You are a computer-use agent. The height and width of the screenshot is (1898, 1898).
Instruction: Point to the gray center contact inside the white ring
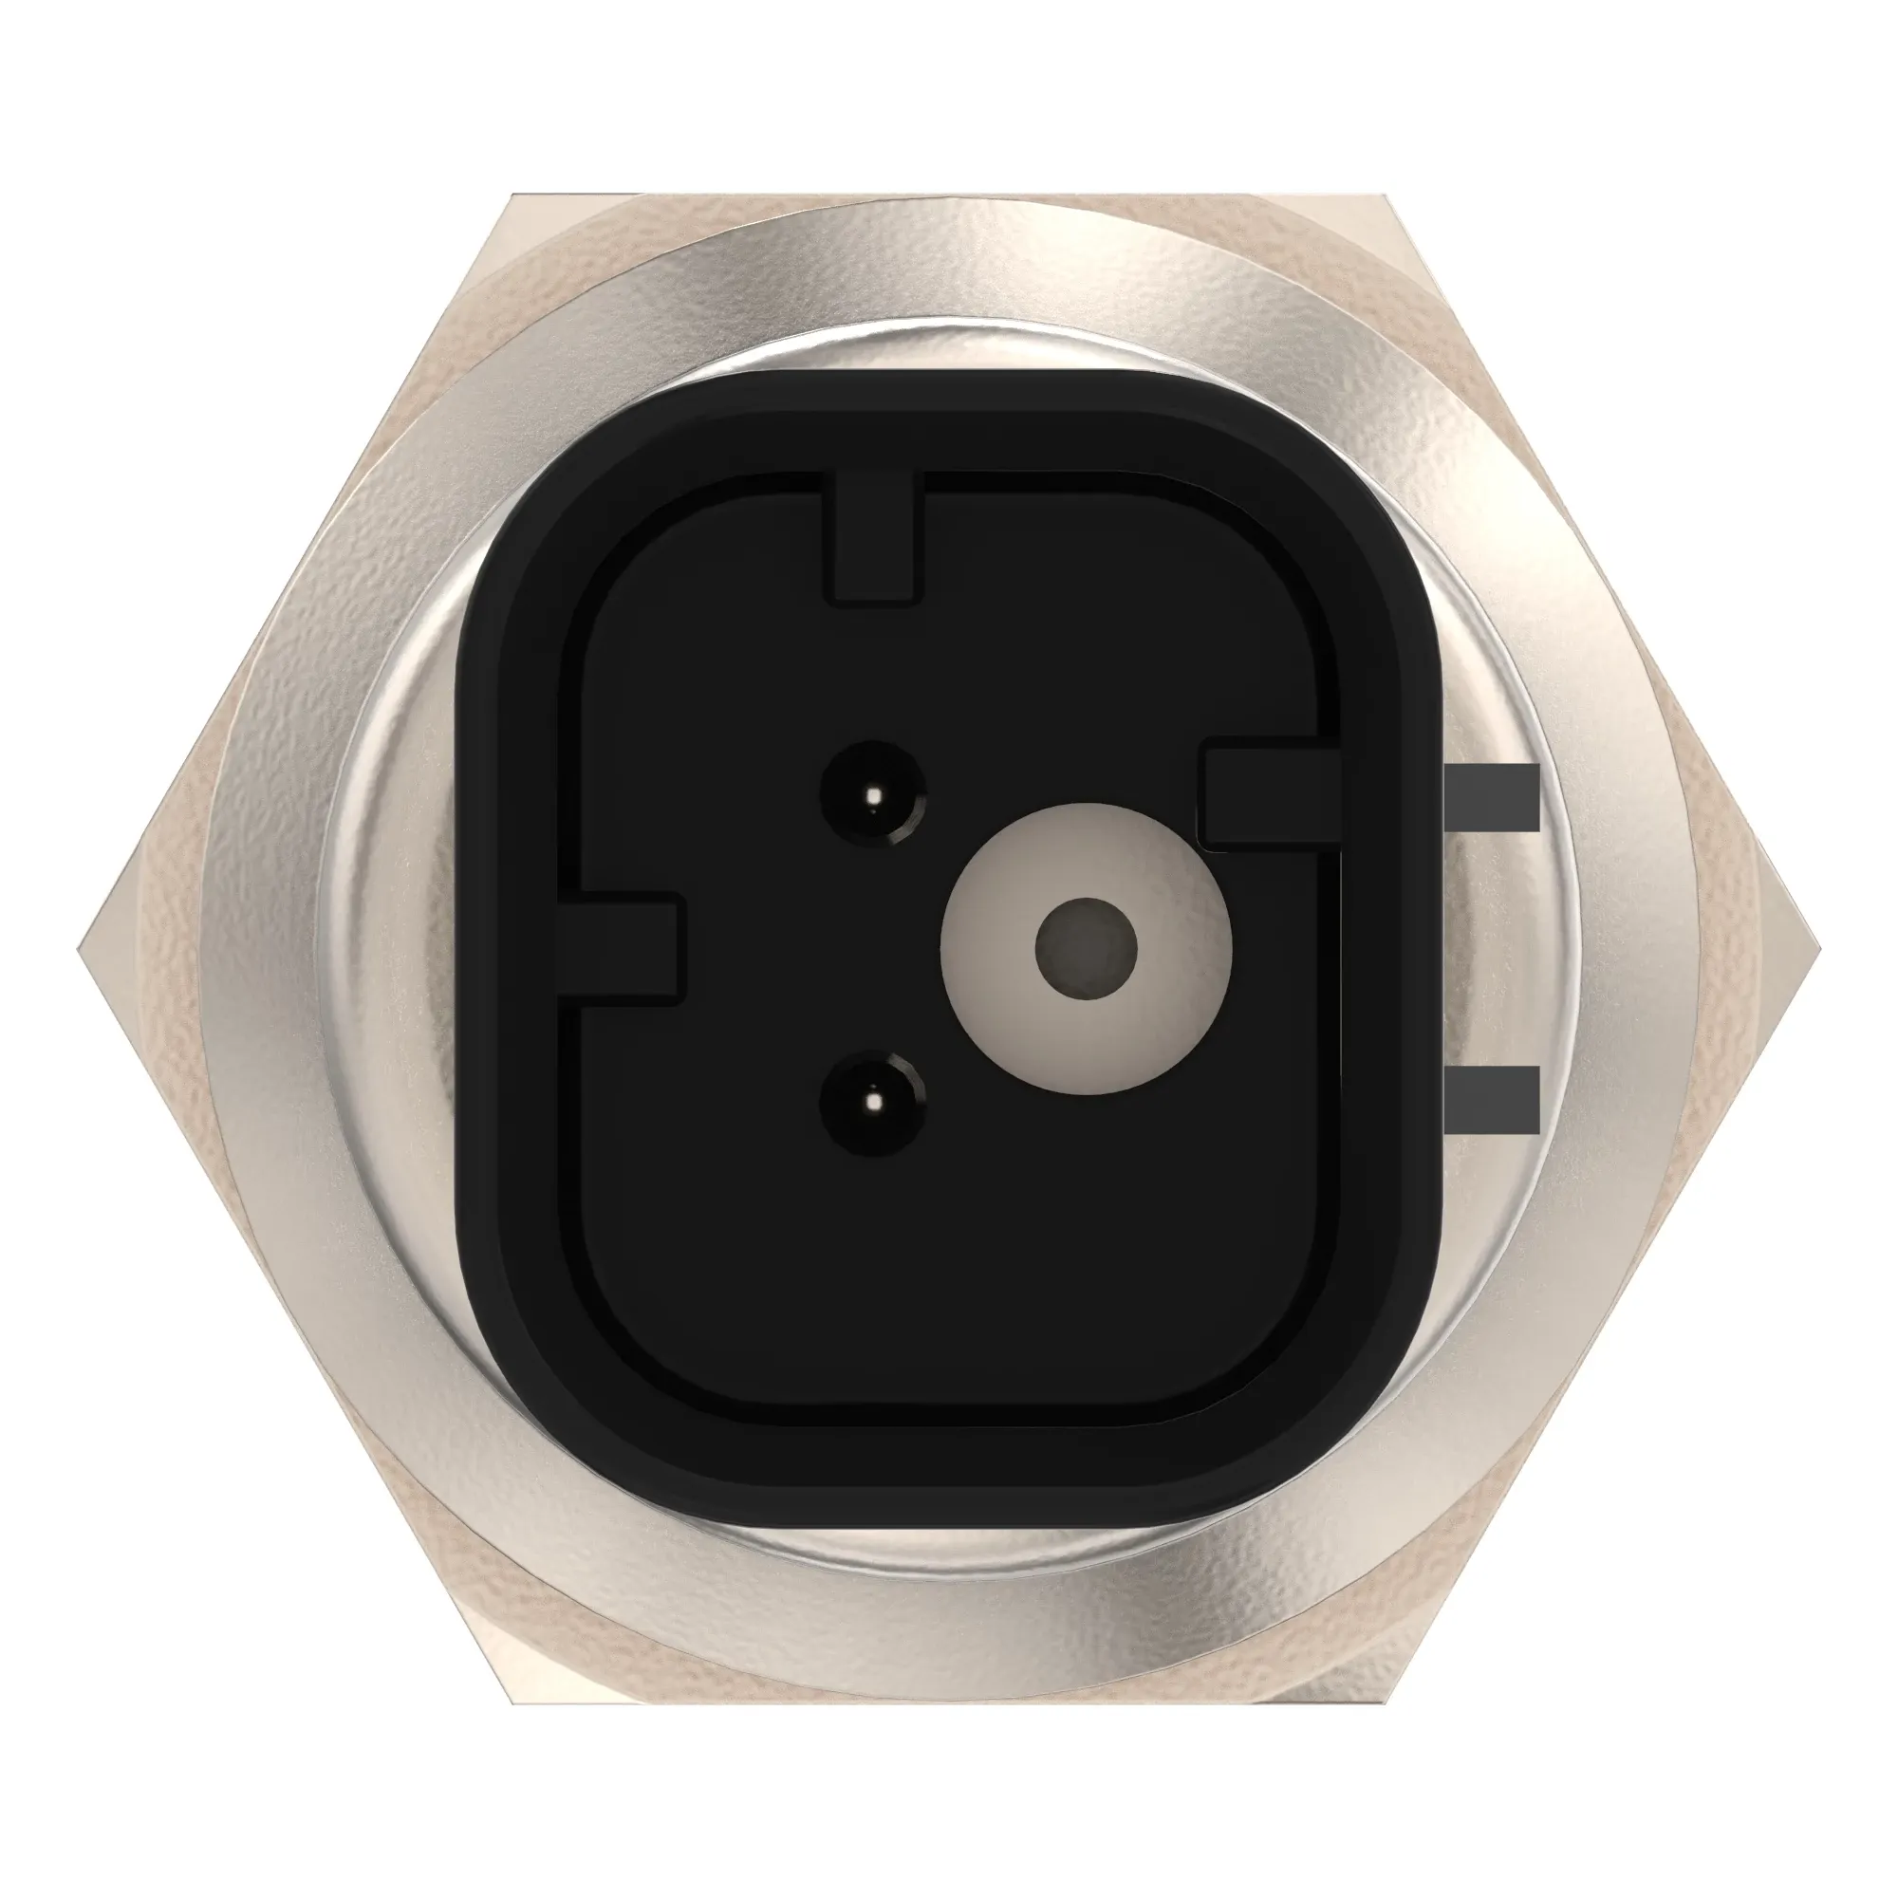(1087, 948)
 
